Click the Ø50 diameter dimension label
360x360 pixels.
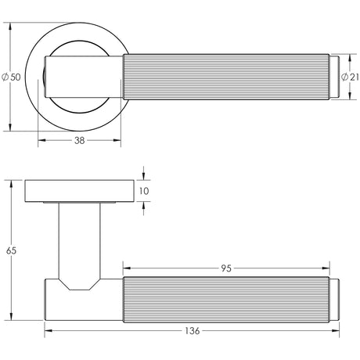coord(11,77)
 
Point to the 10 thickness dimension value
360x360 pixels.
coord(143,190)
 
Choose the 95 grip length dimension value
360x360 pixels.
coord(226,268)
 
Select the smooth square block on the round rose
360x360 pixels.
coord(85,76)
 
